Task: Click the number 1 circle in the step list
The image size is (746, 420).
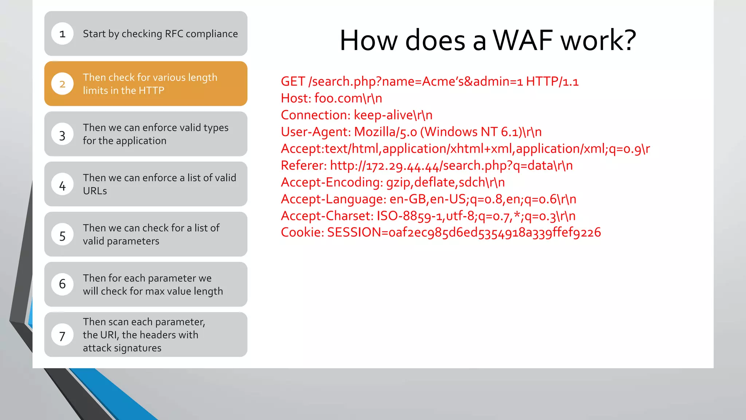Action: pos(62,34)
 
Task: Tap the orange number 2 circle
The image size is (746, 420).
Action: pos(62,84)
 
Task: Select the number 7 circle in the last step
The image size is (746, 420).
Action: pos(62,335)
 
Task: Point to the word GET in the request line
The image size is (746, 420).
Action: pos(292,81)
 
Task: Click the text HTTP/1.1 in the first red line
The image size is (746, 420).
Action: pos(552,81)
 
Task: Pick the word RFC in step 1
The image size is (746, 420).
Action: pos(174,34)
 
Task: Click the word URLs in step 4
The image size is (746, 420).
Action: pos(95,191)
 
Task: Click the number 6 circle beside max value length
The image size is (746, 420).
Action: pos(62,284)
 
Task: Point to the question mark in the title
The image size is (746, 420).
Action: pos(628,40)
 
